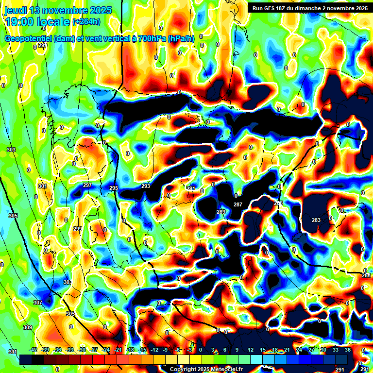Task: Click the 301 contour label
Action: pyautogui.click(x=43, y=186)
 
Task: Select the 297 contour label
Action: pyautogui.click(x=87, y=186)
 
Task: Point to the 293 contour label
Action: pyautogui.click(x=146, y=186)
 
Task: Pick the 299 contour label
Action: pyautogui.click(x=78, y=229)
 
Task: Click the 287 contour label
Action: pyautogui.click(x=237, y=204)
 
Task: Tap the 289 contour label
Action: pyautogui.click(x=221, y=212)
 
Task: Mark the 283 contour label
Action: pyautogui.click(x=316, y=220)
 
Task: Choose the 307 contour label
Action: pyautogui.click(x=37, y=303)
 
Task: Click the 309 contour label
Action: pyautogui.click(x=27, y=328)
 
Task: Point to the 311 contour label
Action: pyautogui.click(x=13, y=351)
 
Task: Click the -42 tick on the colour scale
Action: pyautogui.click(x=34, y=350)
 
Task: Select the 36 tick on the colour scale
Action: pyautogui.click(x=347, y=350)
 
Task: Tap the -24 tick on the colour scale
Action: pyautogui.click(x=106, y=350)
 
